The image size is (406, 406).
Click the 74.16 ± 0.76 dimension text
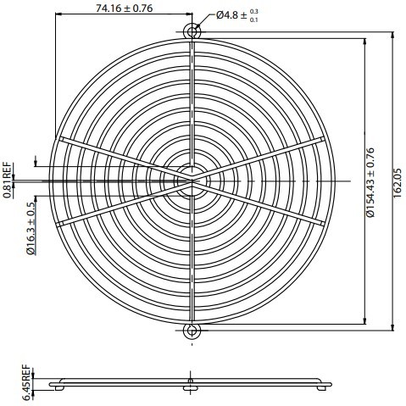[x=124, y=9]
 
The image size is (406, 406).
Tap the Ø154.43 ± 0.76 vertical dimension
[x=371, y=180]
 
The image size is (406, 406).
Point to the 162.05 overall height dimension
[x=398, y=180]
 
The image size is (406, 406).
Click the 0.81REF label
[x=7, y=180]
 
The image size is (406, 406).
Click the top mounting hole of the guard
[x=192, y=31]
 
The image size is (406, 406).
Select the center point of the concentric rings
[x=192, y=180]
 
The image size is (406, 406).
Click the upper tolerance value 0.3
[x=255, y=10]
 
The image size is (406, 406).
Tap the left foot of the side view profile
[x=57, y=388]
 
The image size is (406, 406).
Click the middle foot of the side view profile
[x=188, y=389]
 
